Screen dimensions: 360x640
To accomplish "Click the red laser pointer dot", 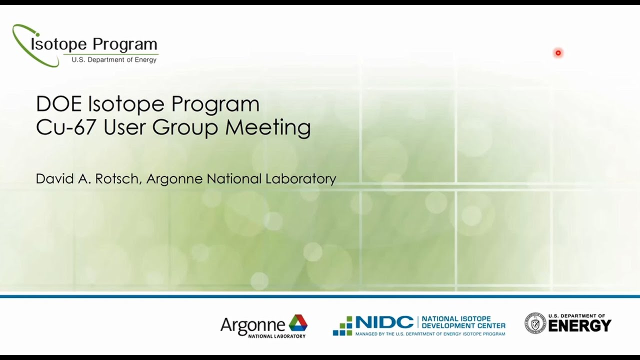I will click(x=558, y=53).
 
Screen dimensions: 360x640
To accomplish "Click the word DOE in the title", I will click(x=59, y=104).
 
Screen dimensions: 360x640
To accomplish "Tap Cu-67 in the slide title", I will click(x=66, y=127).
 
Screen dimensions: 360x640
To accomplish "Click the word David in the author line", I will click(x=52, y=179).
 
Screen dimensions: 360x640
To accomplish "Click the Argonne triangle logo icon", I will click(x=298, y=323).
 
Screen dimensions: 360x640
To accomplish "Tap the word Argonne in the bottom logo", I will click(x=252, y=325).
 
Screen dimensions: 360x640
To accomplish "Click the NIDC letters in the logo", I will click(x=384, y=322).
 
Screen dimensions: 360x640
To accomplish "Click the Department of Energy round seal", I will click(x=534, y=323).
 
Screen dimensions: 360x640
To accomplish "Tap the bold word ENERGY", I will click(x=579, y=326).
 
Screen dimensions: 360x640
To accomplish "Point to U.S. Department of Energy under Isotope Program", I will click(x=114, y=60).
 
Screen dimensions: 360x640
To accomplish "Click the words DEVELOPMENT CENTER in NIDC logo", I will click(x=463, y=326).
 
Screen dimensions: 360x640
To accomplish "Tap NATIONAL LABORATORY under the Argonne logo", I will click(x=276, y=336).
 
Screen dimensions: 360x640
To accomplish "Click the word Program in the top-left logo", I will click(x=125, y=44).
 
